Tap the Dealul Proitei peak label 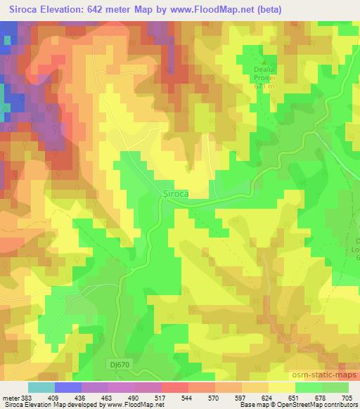(x=266, y=74)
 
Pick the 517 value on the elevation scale (x=161, y=397)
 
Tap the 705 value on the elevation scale (x=347, y=397)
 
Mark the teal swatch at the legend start (x=41, y=387)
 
